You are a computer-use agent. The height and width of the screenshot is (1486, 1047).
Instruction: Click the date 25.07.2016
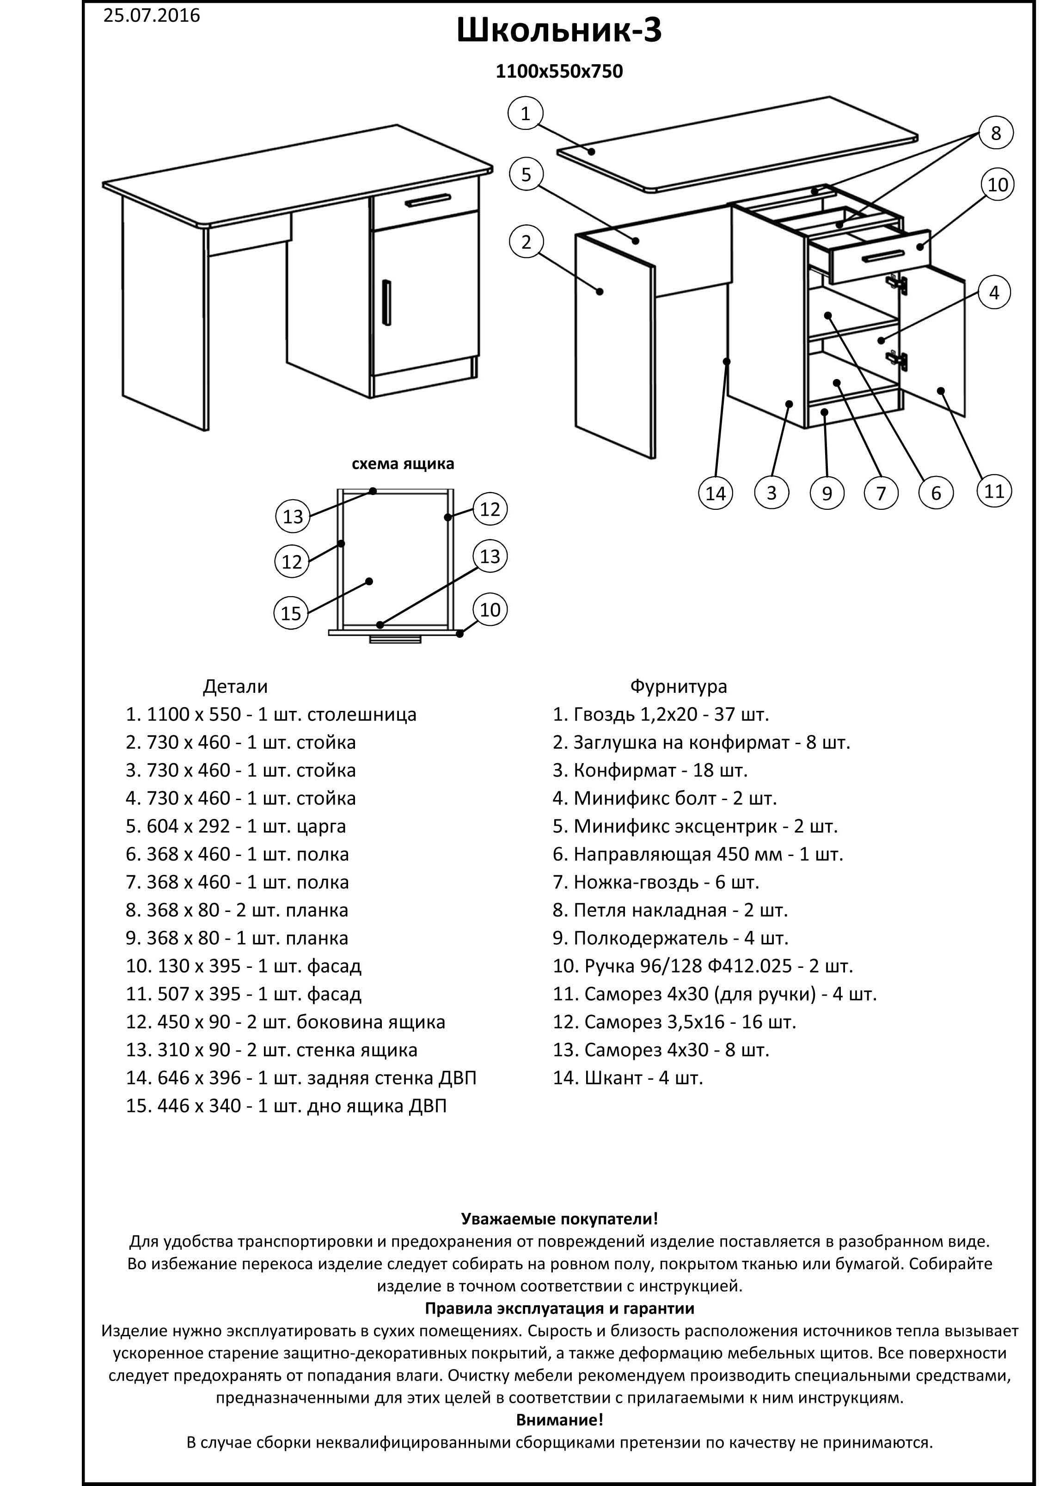coord(152,16)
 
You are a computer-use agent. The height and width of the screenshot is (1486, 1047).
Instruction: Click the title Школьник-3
coord(559,31)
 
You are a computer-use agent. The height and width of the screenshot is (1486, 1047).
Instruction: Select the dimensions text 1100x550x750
coord(559,71)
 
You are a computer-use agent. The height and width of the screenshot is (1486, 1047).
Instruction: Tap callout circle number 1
coord(526,114)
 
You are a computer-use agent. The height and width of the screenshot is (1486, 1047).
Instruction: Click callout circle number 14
coord(715,493)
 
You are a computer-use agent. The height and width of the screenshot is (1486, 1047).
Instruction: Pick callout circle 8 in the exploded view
coord(995,133)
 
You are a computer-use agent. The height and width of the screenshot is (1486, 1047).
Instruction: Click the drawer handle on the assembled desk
coord(427,202)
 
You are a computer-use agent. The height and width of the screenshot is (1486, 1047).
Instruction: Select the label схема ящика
coord(403,464)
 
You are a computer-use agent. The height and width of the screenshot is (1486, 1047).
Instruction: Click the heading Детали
coord(235,687)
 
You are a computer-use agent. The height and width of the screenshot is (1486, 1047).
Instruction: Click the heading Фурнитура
coord(678,687)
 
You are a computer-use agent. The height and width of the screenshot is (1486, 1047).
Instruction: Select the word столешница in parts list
coord(362,715)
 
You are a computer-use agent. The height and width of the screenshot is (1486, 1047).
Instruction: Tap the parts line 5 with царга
coord(236,826)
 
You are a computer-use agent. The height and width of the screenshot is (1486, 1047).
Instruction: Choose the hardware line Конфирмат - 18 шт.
coord(650,771)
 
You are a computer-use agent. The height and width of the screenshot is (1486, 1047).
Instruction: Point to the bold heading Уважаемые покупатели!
coord(559,1219)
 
